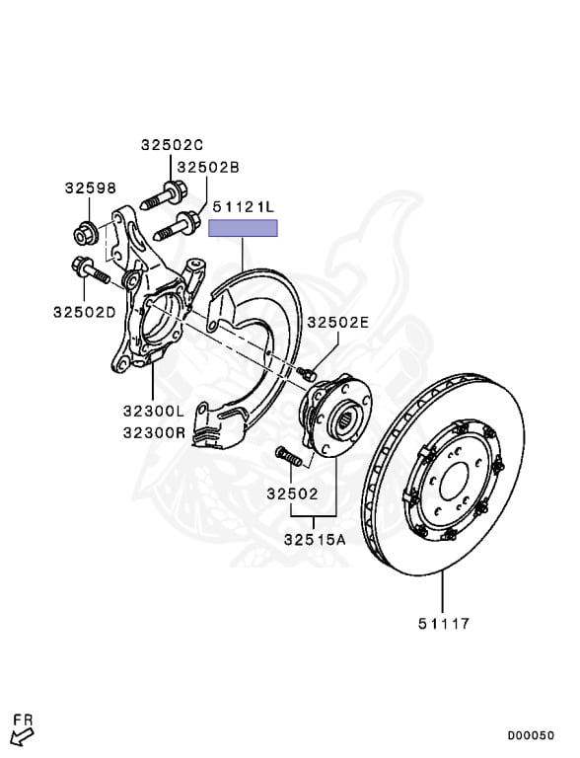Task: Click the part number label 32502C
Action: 172,144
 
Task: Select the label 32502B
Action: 208,167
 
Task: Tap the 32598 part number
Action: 91,188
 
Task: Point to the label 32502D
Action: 85,312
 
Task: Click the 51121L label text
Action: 243,207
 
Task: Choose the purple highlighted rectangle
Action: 243,228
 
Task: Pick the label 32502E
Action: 338,322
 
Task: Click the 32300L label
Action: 154,411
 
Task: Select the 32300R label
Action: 154,431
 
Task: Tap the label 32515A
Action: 315,539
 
